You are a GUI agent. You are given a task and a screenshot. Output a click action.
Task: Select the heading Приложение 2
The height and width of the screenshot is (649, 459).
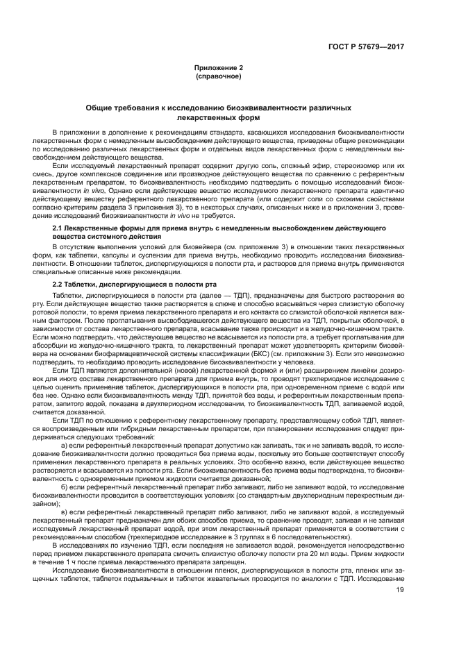point(219,68)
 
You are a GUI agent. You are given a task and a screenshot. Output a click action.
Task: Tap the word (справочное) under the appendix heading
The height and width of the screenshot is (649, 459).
point(219,76)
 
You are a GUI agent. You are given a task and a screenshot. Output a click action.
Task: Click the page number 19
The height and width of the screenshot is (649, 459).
point(399,609)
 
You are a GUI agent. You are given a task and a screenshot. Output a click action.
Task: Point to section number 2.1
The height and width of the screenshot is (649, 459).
point(59,228)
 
